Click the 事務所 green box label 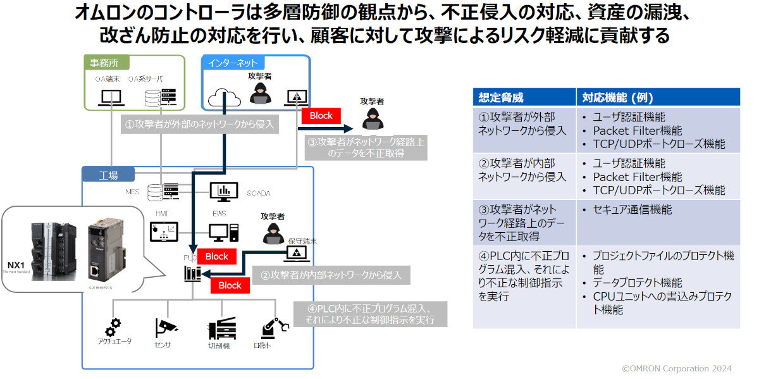tap(104, 63)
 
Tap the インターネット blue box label tap(233, 63)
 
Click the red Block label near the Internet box tap(321, 116)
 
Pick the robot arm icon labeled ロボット tap(273, 328)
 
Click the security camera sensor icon tap(166, 328)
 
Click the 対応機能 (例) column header tap(617, 97)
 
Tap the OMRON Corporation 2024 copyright tap(677, 368)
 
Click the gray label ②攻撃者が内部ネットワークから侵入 tap(331, 275)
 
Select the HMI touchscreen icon tap(163, 232)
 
